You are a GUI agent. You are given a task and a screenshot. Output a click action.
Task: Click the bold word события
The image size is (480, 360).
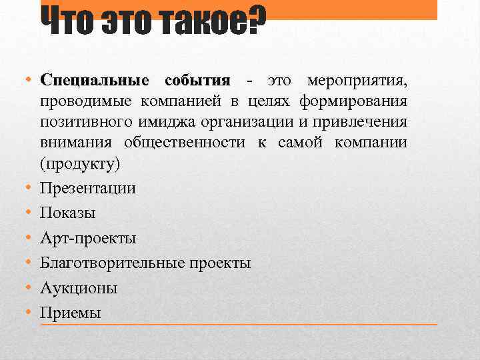pyautogui.click(x=197, y=81)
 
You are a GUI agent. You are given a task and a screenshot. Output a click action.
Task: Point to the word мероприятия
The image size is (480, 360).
pyautogui.click(x=356, y=81)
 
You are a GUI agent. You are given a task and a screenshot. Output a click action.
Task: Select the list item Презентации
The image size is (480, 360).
pyautogui.click(x=87, y=188)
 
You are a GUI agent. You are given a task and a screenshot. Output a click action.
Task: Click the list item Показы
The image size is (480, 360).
pyautogui.click(x=67, y=213)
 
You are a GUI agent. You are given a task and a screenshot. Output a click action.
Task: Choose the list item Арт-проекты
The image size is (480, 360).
pyautogui.click(x=88, y=238)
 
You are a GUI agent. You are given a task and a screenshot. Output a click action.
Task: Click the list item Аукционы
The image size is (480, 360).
pyautogui.click(x=79, y=288)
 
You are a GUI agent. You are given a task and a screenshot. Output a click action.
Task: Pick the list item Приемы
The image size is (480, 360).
pyautogui.click(x=71, y=313)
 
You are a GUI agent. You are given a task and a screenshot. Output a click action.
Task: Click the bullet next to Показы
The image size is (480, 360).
pyautogui.click(x=30, y=213)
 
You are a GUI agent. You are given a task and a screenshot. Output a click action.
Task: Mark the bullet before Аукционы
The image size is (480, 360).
pyautogui.click(x=30, y=287)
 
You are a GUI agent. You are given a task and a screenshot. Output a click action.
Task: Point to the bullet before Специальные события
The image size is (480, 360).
pyautogui.click(x=30, y=81)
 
